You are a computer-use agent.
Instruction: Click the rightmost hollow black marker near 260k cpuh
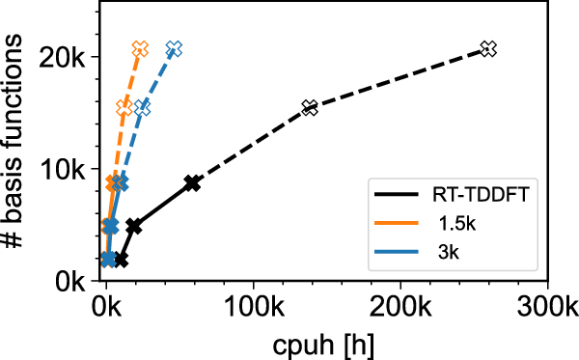(488, 48)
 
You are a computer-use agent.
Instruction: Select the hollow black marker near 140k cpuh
(310, 108)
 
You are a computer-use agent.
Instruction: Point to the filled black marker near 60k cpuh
(193, 183)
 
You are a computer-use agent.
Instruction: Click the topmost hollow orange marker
(140, 48)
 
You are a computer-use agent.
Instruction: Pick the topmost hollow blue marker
(174, 48)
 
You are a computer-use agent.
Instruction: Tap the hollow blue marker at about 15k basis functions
(143, 108)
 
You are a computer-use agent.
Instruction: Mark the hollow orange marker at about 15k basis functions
(124, 108)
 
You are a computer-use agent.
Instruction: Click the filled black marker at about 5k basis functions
(134, 226)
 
